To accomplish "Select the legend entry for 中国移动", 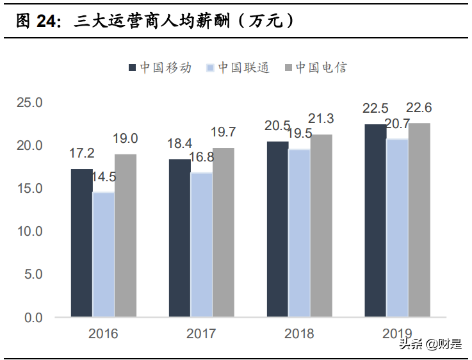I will pos(161,67).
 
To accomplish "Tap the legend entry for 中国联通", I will pos(238,67).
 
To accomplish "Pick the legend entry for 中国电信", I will pos(316,67).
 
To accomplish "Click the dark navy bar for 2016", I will pos(81,243).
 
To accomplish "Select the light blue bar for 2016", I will pos(103,254).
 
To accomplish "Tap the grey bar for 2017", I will pos(224,232).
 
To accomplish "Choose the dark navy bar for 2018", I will pos(277,229).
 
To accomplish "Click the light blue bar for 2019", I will pos(397,227).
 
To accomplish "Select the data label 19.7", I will pos(224,133).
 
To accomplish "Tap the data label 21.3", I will pos(321,119).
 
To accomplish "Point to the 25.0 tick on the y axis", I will pos(29,102).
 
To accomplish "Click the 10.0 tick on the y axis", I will pos(29,231).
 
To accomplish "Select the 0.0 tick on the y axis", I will pos(33,317).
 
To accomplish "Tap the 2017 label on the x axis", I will pos(201,334).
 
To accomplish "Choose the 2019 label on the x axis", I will pos(397,334).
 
